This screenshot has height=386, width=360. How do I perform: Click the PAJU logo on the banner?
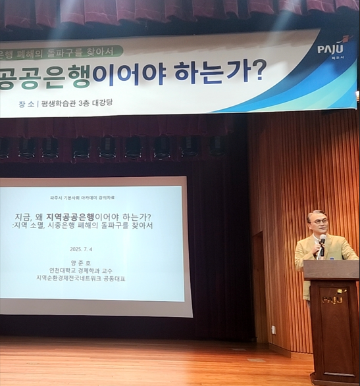click(x=333, y=49)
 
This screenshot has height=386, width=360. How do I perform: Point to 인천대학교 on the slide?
click(x=63, y=270)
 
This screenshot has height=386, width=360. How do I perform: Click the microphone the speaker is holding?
click(x=322, y=243)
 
